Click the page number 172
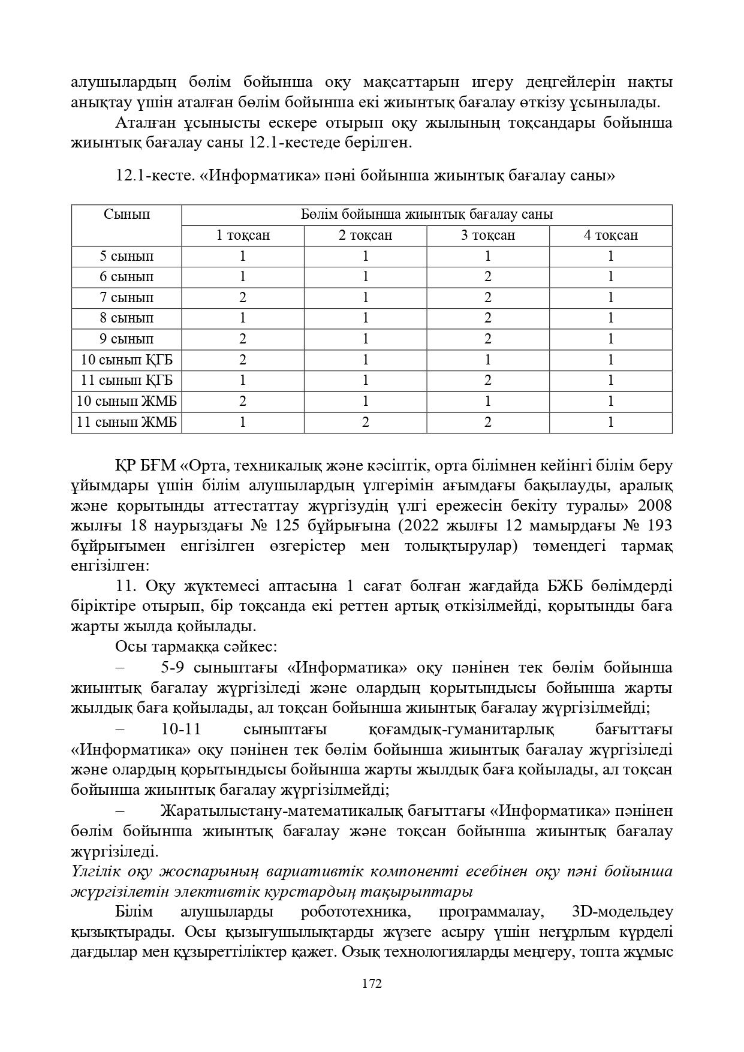click(372, 984)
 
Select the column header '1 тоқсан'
click(243, 235)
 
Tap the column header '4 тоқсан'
click(610, 235)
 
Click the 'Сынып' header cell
click(126, 215)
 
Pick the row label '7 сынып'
click(126, 297)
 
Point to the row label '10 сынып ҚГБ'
click(126, 360)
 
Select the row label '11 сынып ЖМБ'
click(126, 422)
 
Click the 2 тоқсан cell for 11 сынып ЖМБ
click(365, 422)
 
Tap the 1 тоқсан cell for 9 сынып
click(243, 339)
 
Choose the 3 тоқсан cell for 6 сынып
click(488, 276)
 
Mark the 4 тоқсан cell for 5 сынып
click(610, 256)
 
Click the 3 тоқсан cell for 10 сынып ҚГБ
click(488, 360)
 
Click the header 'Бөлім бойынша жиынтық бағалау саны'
click(426, 215)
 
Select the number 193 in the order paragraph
click(658, 526)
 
